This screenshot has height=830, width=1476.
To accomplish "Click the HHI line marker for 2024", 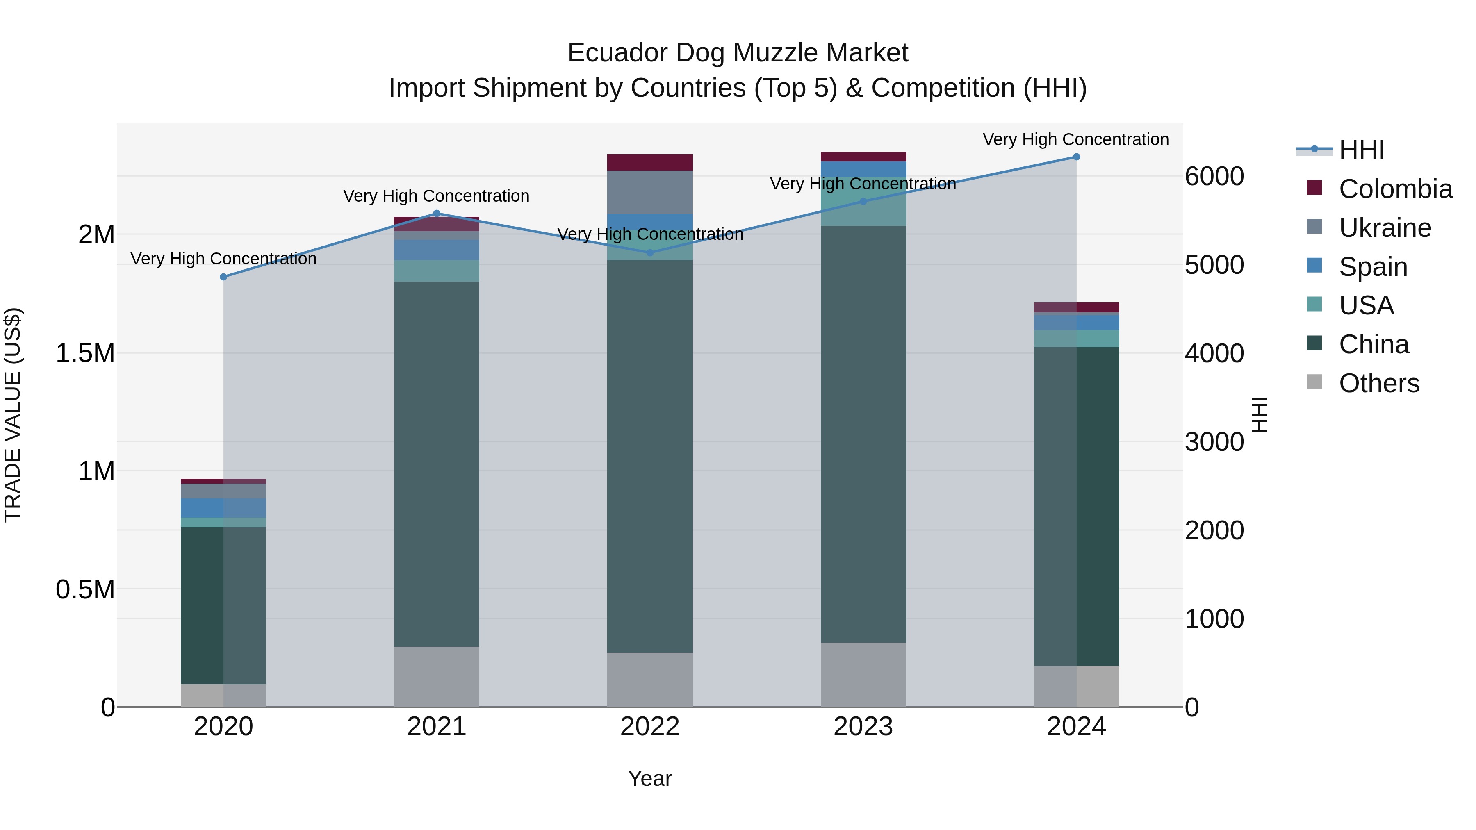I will click(1076, 157).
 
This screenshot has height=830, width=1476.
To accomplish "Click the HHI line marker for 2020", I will click(223, 277).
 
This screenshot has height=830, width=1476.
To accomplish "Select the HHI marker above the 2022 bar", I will click(650, 252).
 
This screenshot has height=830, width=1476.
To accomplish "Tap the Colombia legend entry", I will click(1395, 189).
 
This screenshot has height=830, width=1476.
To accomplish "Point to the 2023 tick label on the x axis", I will click(863, 727).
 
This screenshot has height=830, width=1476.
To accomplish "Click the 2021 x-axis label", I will click(437, 727).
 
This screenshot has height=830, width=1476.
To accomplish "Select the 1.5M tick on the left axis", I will click(85, 353).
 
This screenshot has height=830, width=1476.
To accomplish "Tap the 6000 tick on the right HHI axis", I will click(1214, 176).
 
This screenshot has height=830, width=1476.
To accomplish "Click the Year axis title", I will click(650, 778).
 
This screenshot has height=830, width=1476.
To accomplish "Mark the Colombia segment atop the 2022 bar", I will click(650, 162).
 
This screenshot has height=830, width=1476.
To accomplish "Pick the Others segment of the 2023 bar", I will click(863, 675).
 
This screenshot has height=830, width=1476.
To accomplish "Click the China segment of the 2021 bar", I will click(437, 464).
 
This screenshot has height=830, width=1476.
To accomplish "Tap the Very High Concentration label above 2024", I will click(1075, 139).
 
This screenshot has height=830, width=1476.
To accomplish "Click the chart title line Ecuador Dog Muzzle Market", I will click(738, 53).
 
